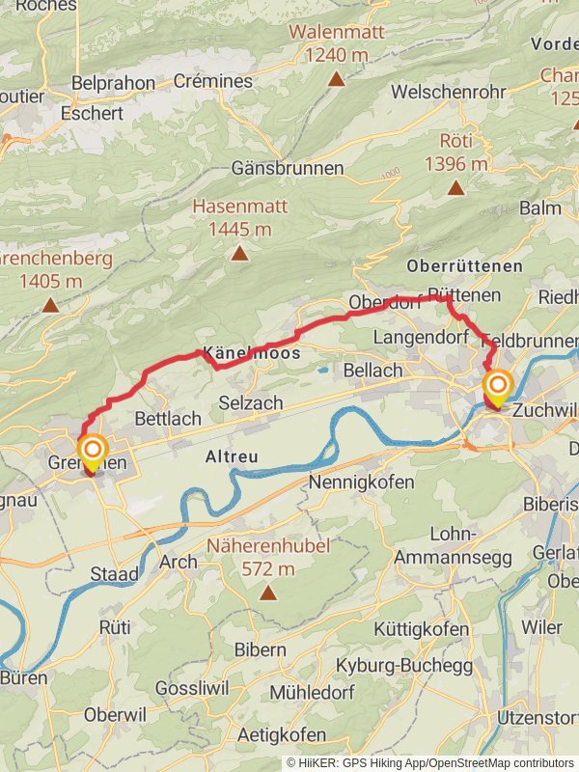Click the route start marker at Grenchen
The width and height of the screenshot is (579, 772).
click(x=93, y=450)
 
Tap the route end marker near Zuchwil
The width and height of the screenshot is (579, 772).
click(x=498, y=389)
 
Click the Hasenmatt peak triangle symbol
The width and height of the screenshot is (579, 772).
click(x=238, y=253)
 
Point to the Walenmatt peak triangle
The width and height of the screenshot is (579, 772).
click(x=336, y=79)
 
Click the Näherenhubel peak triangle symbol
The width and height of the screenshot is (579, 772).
click(x=267, y=593)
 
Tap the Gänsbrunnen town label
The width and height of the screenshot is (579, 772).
click(x=288, y=168)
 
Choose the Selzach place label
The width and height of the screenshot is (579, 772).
click(x=251, y=402)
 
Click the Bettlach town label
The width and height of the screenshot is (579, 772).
click(x=168, y=419)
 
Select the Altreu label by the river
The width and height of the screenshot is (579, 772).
click(x=233, y=456)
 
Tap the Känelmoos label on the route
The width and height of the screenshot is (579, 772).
click(x=250, y=354)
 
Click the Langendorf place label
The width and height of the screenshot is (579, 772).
click(x=420, y=338)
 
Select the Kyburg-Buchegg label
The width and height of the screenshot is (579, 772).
click(x=403, y=666)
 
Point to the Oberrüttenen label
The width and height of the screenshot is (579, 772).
click(x=465, y=265)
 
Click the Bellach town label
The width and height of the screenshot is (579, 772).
click(x=372, y=371)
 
